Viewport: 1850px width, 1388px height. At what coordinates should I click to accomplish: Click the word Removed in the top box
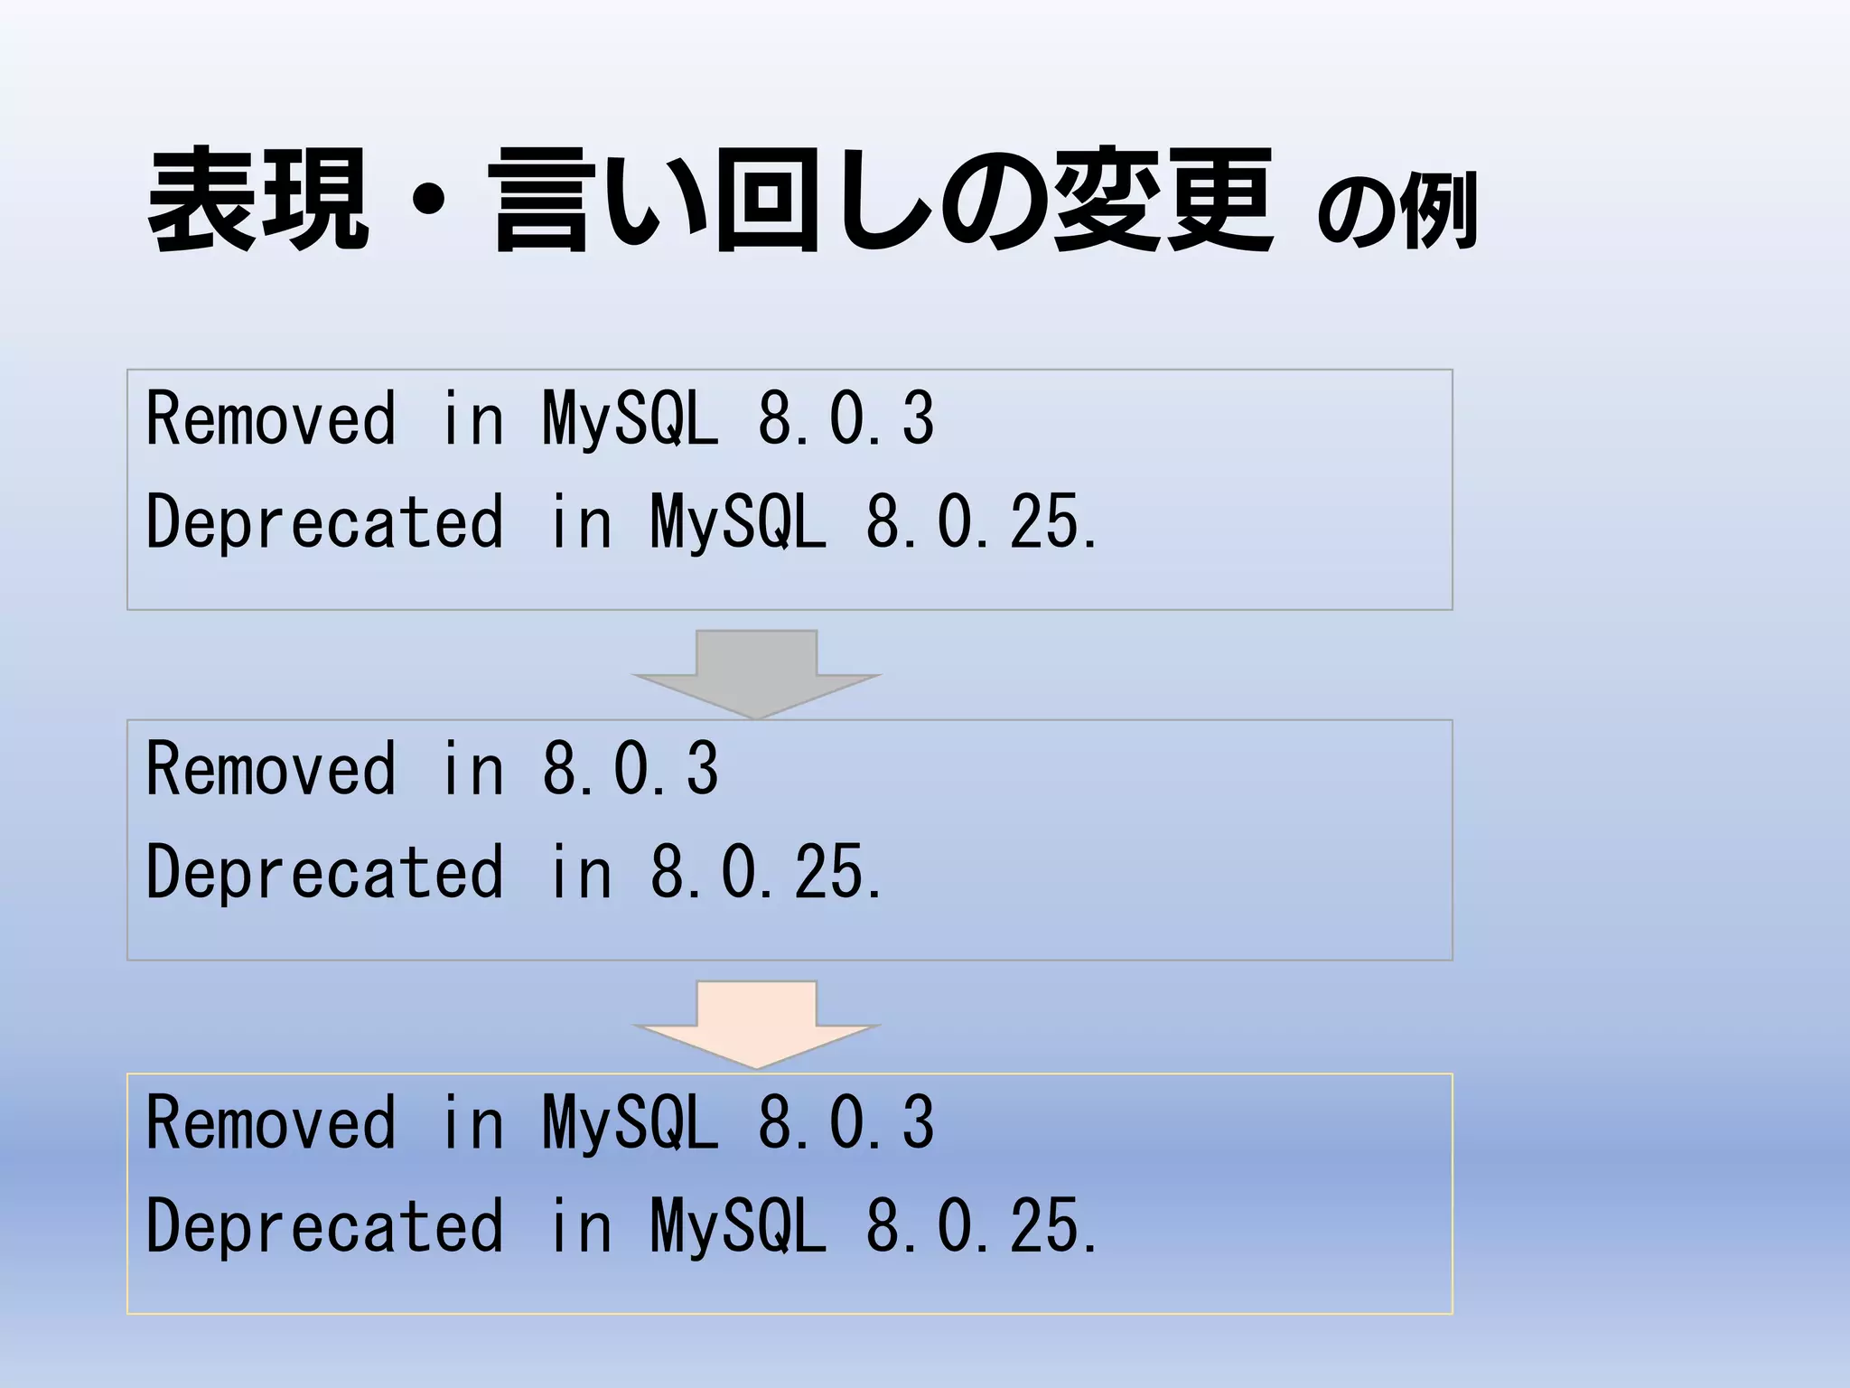[x=271, y=418]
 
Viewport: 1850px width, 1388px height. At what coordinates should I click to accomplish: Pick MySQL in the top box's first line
[x=631, y=418]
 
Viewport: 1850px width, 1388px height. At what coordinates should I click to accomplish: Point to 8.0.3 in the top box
[x=846, y=418]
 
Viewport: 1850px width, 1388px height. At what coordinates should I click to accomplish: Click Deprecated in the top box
[x=324, y=522]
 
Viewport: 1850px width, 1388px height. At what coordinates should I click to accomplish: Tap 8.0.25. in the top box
[x=982, y=522]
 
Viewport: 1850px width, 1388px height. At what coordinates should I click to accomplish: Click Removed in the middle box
[x=271, y=769]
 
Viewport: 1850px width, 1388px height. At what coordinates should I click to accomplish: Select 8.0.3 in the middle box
[x=631, y=769]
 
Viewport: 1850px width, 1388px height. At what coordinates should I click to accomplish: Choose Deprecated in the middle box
[x=324, y=872]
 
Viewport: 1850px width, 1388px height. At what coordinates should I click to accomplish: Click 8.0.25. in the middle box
[x=766, y=872]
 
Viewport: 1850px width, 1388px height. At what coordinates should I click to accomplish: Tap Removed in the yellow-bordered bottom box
[x=271, y=1122]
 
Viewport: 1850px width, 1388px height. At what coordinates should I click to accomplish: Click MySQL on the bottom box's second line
[x=738, y=1226]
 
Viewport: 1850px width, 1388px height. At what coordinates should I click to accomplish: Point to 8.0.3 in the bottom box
[x=846, y=1122]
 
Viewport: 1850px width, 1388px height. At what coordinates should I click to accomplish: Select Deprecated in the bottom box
[x=324, y=1226]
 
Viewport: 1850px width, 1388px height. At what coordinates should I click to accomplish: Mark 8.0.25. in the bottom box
[x=982, y=1226]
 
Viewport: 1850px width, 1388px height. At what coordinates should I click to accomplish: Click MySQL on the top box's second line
[x=738, y=522]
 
